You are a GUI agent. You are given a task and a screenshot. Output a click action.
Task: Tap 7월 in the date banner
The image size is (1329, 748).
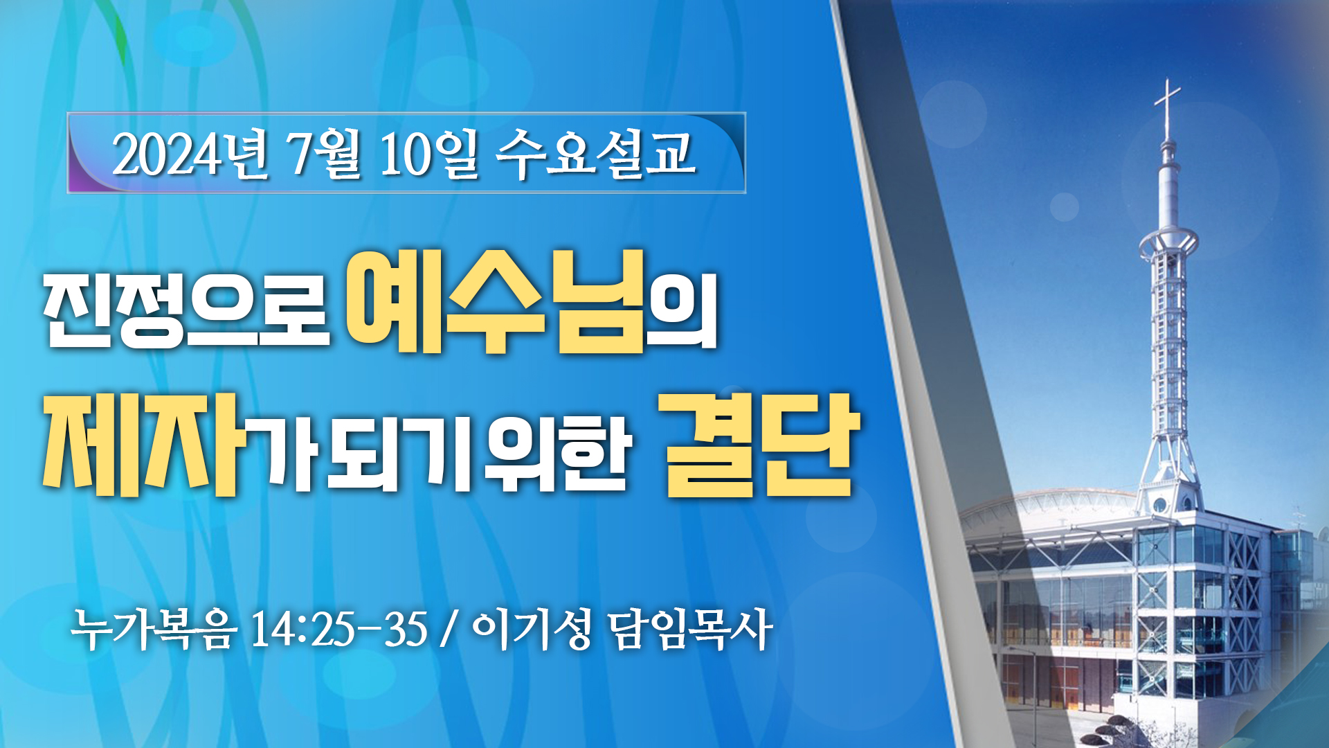coord(325,154)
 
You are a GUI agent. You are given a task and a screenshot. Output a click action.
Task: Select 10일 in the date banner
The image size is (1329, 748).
coord(429,154)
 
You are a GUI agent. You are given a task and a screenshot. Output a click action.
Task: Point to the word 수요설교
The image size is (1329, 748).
coord(595,154)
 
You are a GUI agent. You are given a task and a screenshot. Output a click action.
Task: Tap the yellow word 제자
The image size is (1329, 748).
coord(145,443)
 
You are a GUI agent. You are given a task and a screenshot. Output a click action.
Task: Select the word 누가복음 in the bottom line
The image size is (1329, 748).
coord(154,630)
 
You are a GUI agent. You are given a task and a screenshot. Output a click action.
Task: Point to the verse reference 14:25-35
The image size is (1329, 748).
coord(338,630)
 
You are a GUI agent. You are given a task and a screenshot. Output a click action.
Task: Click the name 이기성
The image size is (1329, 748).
coord(531,630)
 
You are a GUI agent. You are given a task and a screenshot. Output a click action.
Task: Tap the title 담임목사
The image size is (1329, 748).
coord(690,630)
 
